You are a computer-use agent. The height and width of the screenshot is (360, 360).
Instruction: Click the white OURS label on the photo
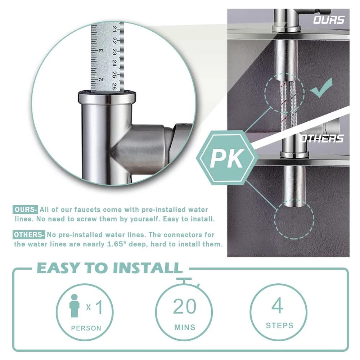pos(329,20)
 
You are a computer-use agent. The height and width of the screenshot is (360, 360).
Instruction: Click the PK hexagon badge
pos(227,158)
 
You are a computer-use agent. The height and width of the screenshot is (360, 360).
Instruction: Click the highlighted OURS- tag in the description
pos(25,210)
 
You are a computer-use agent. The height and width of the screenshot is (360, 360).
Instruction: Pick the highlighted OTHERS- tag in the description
pos(29,235)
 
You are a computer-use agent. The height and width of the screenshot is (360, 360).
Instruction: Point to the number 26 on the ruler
pos(114,86)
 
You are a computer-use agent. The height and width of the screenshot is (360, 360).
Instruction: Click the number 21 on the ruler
pos(114,28)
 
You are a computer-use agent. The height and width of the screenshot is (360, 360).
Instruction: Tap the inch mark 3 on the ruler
pos(101,50)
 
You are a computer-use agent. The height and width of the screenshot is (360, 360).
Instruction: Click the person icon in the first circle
pos(75,306)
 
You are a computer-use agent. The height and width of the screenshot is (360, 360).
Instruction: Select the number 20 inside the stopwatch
pos(185,306)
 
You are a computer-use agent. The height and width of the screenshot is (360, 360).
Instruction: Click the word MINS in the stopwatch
pos(185,327)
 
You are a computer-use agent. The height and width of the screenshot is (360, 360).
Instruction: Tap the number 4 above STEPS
pos(277,305)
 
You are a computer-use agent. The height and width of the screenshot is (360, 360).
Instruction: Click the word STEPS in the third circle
pos(280,325)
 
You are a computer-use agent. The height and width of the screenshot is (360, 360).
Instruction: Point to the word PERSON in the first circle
pos(86,328)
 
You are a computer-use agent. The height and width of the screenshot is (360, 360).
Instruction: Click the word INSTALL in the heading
pos(148,268)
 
